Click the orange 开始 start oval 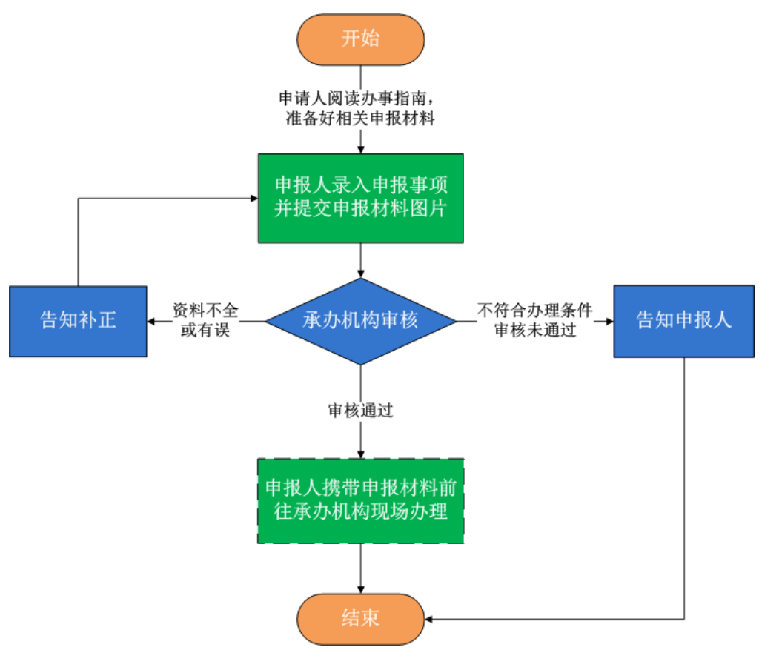[x=360, y=39]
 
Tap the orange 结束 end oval [x=360, y=618]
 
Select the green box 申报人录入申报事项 [x=360, y=198]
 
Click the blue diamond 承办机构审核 [x=360, y=321]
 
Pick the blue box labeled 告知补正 [x=78, y=321]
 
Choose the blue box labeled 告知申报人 [x=683, y=321]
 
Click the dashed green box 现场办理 [x=360, y=501]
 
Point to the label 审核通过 [x=360, y=411]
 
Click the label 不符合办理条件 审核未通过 [x=534, y=320]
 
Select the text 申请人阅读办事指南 [x=355, y=99]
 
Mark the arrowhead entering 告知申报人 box [x=609, y=321]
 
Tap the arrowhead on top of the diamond [x=360, y=274]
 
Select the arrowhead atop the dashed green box [x=360, y=454]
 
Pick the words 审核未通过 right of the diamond [x=535, y=331]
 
